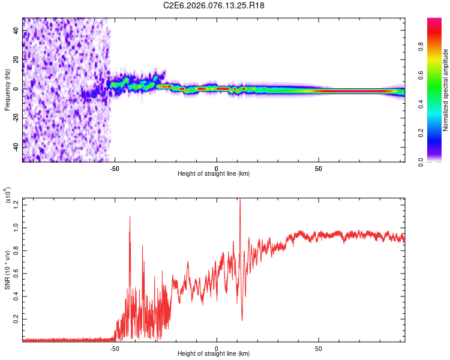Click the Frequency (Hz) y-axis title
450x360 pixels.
pos(7,89)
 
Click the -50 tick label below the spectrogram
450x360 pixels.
pos(115,168)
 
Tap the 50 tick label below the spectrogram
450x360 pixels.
pos(319,168)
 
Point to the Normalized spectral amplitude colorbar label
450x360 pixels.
pos(445,90)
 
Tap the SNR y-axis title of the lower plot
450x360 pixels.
pos(7,270)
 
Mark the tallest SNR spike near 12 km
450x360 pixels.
pos(240,199)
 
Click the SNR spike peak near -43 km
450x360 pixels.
pos(130,217)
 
